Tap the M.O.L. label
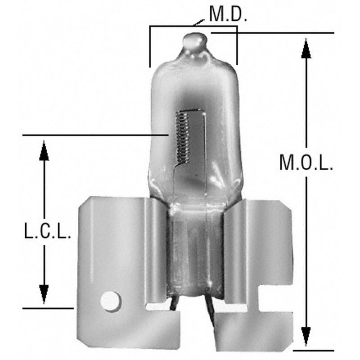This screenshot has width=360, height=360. (306, 162)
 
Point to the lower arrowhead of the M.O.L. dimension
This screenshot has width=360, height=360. (306, 336)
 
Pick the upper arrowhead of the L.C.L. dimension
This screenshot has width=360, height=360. (44, 150)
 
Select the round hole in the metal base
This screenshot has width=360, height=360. (109, 300)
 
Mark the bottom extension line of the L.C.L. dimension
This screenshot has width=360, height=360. (47, 308)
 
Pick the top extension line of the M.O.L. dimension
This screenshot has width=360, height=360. (274, 33)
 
